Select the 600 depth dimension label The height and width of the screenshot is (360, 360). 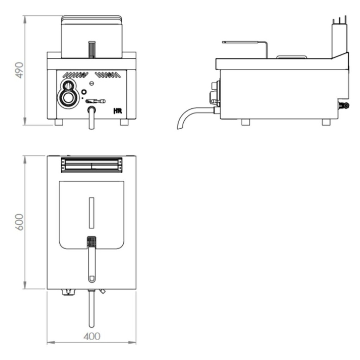coord(20,222)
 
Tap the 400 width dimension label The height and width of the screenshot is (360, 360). coord(91,336)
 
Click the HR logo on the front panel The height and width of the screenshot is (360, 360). coord(117,111)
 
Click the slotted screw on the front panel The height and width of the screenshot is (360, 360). coord(92,83)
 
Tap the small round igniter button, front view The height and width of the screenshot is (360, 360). coord(84,92)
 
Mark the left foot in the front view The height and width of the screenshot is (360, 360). coord(59,122)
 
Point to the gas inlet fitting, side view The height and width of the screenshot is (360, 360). coord(344,105)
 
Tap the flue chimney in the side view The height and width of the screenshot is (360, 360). coord(339,39)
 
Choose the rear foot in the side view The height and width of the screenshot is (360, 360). coord(326,122)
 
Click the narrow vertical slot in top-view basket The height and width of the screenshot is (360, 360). coord(91,213)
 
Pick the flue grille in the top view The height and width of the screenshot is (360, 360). coord(92,165)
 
